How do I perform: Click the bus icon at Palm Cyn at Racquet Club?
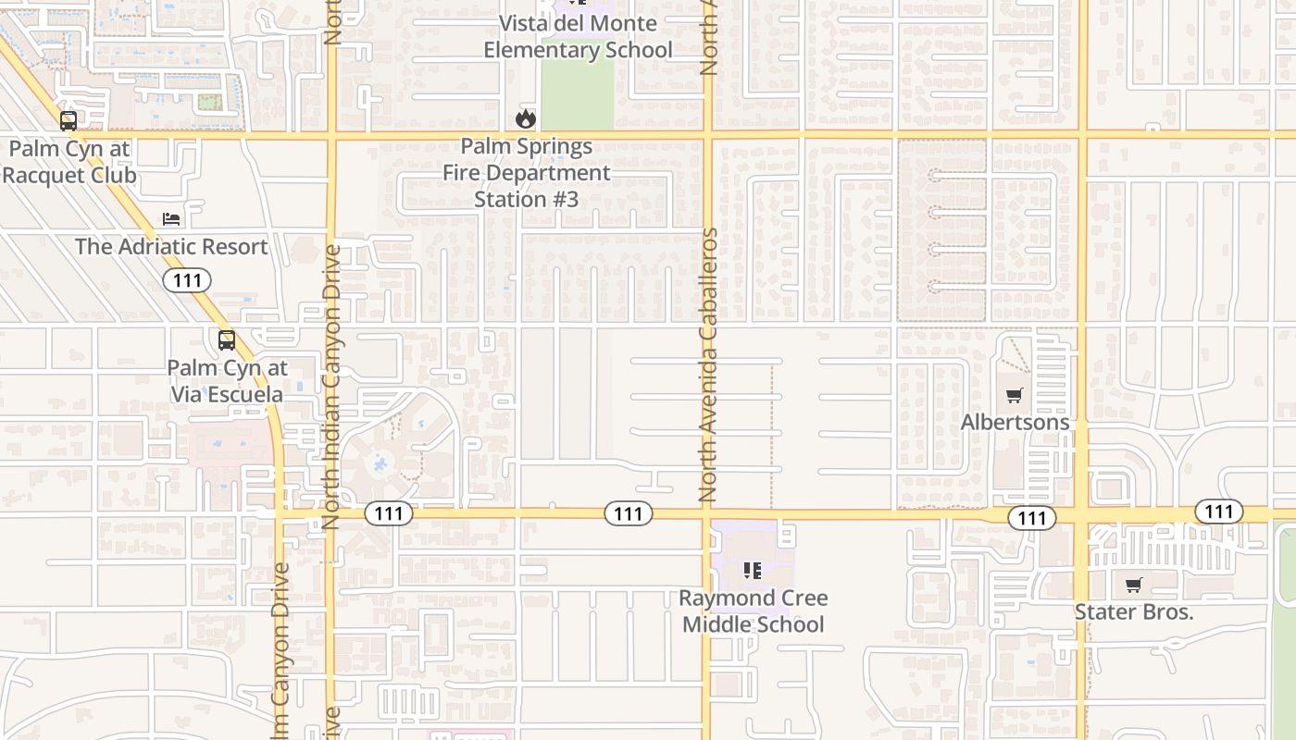pyautogui.click(x=68, y=120)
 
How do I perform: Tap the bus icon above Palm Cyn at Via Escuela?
pyautogui.click(x=227, y=340)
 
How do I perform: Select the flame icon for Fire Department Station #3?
pyautogui.click(x=526, y=118)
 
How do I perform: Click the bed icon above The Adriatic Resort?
pyautogui.click(x=171, y=218)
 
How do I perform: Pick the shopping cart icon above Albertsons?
pyautogui.click(x=1015, y=396)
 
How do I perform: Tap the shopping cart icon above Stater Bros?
pyautogui.click(x=1133, y=585)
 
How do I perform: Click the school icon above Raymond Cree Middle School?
pyautogui.click(x=753, y=571)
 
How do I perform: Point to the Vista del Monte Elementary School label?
pyautogui.click(x=578, y=36)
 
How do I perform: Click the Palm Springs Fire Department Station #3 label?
pyautogui.click(x=526, y=173)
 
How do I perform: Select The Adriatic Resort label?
pyautogui.click(x=171, y=247)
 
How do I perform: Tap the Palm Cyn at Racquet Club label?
pyautogui.click(x=69, y=162)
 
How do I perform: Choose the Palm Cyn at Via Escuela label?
pyautogui.click(x=227, y=381)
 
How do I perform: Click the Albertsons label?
pyautogui.click(x=1015, y=422)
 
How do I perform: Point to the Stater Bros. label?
pyautogui.click(x=1133, y=611)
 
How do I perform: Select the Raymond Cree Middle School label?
pyautogui.click(x=753, y=611)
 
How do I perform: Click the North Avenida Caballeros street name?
pyautogui.click(x=709, y=365)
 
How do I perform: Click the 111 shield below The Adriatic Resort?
pyautogui.click(x=187, y=280)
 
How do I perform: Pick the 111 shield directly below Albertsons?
pyautogui.click(x=1032, y=518)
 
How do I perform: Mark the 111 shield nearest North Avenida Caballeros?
pyautogui.click(x=629, y=513)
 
